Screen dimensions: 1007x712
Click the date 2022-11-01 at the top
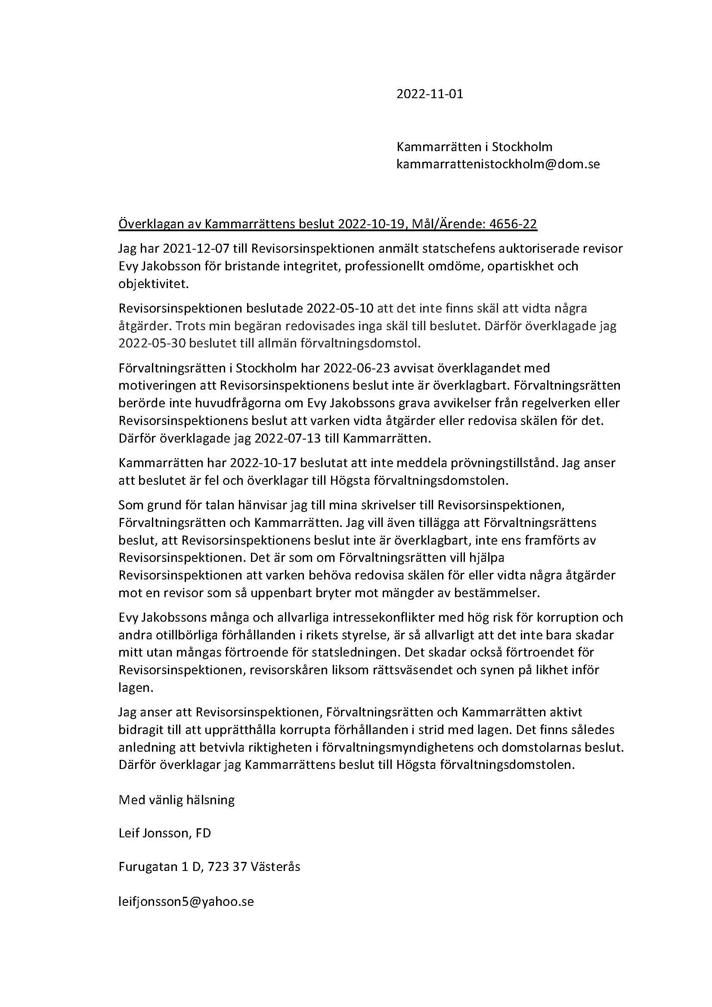click(x=429, y=94)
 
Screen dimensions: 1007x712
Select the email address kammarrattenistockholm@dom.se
click(x=498, y=164)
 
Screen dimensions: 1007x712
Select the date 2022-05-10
click(x=340, y=308)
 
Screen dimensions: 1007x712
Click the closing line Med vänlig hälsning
click(x=176, y=800)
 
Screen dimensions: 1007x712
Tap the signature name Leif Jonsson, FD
click(x=164, y=833)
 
